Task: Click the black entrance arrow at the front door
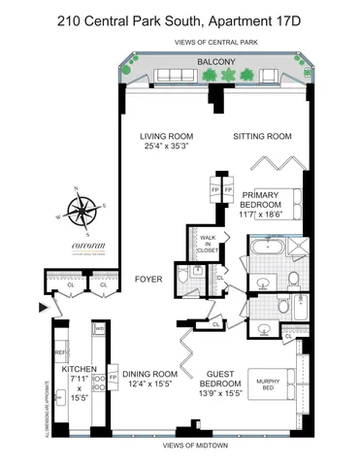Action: tap(40, 308)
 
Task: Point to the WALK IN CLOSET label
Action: tap(208, 243)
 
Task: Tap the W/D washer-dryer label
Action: tap(100, 329)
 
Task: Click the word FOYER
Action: tap(147, 280)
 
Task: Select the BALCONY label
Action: tap(213, 61)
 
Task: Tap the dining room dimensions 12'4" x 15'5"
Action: tap(148, 385)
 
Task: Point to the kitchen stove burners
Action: tap(61, 396)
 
